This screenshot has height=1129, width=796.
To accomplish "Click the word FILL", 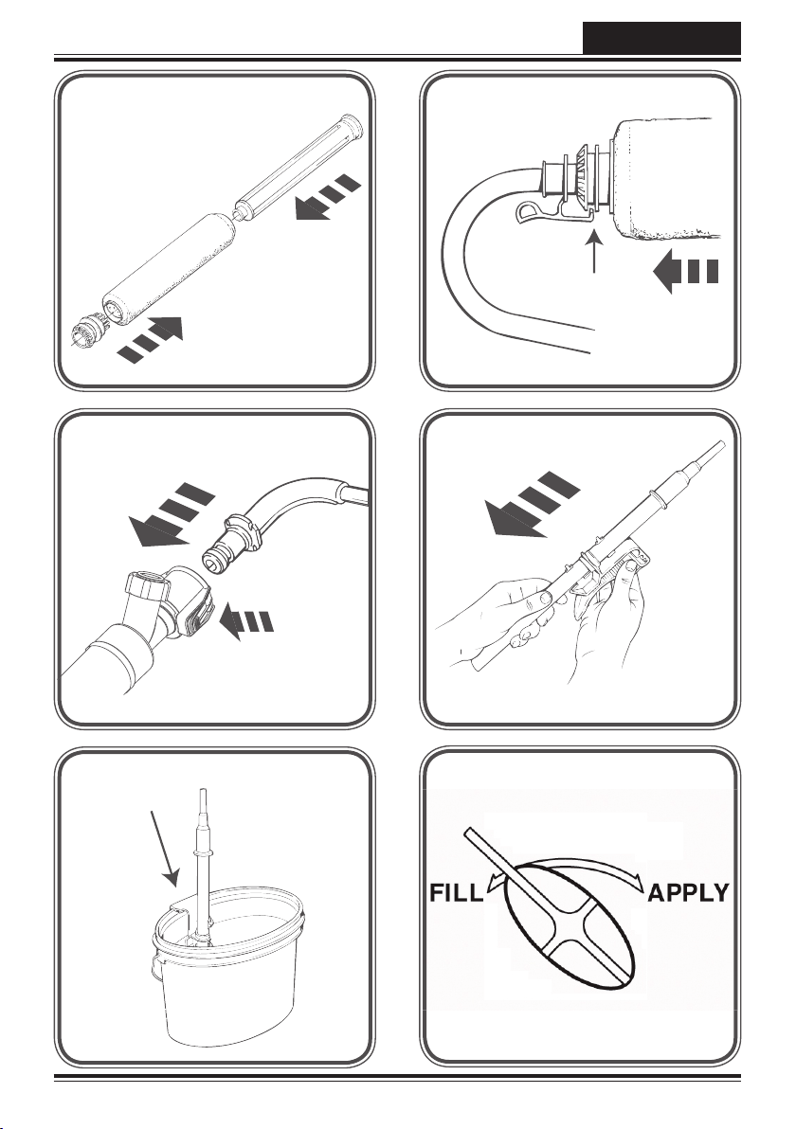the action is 456,893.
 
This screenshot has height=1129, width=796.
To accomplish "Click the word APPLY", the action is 689,893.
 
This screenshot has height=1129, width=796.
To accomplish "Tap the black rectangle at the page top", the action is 661,38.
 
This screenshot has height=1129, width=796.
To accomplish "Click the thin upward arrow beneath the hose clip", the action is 593,251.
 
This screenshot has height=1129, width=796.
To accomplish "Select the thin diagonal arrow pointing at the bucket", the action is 163,849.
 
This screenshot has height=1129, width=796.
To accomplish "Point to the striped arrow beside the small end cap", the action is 151,339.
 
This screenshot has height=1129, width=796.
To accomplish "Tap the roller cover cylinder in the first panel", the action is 171,268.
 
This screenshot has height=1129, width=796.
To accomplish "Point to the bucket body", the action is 226,986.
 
